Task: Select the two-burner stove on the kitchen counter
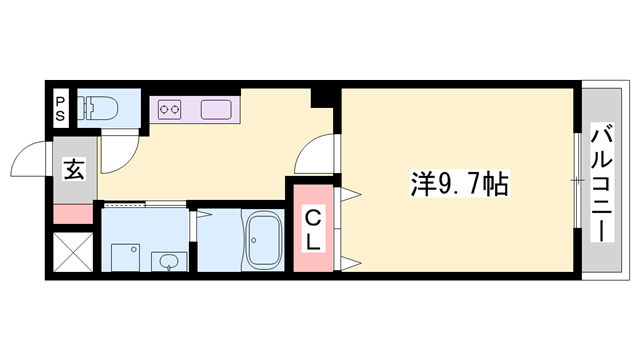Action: pyautogui.click(x=165, y=107)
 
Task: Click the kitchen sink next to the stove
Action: pyautogui.click(x=216, y=107)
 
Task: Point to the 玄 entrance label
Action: pyautogui.click(x=74, y=169)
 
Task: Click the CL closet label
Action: pyautogui.click(x=313, y=229)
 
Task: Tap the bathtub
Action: pyautogui.click(x=266, y=240)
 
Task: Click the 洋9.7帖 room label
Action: pyautogui.click(x=459, y=183)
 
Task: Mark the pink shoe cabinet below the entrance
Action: pyautogui.click(x=71, y=213)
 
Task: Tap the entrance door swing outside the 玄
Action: pyautogui.click(x=30, y=159)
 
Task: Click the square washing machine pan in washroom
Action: pyautogui.click(x=123, y=257)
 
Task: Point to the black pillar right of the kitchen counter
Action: pyautogui.click(x=322, y=98)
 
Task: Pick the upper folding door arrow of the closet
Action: pyautogui.click(x=350, y=191)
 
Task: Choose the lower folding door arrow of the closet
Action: pyautogui.click(x=350, y=264)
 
